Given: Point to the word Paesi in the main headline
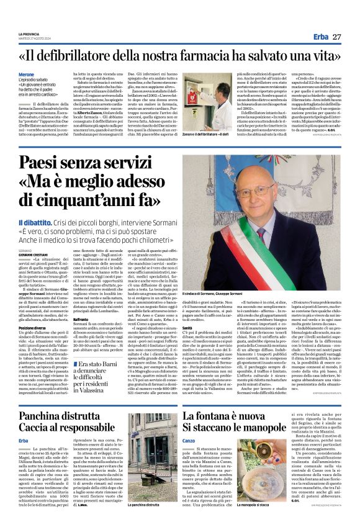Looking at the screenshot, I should (43, 165).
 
